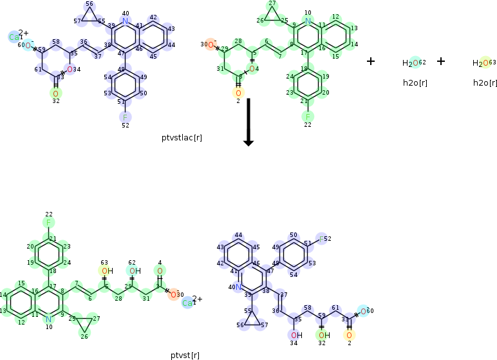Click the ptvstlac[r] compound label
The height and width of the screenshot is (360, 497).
pos(182,137)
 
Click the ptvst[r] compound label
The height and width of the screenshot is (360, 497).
pos(185,355)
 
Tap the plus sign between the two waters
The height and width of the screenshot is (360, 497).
pos(441,61)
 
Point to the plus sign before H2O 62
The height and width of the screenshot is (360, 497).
pos(371,61)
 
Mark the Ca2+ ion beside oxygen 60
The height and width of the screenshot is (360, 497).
pos(14,37)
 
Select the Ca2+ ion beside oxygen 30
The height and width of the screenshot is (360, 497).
pos(187,303)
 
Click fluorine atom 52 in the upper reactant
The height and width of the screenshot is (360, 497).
pos(125,117)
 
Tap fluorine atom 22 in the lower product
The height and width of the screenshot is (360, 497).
pos(49,223)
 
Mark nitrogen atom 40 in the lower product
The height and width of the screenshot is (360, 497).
pos(238,287)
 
